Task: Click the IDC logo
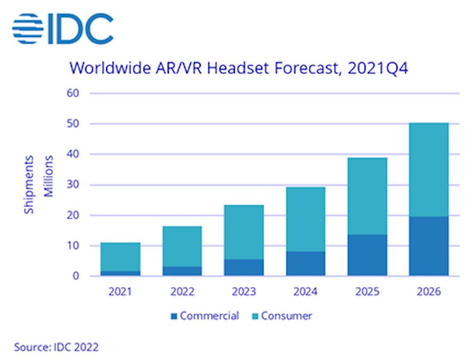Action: point(63,28)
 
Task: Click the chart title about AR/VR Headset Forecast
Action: point(238,68)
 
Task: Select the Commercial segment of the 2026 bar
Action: point(428,246)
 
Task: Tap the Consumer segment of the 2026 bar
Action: point(428,170)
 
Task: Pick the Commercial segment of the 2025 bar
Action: point(367,255)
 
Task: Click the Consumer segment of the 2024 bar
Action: point(306,219)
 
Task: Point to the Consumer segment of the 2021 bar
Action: point(120,257)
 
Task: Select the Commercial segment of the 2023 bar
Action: point(244,268)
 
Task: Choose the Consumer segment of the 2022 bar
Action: point(182,246)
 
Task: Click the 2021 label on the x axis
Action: point(120,292)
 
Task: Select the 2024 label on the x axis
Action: point(306,292)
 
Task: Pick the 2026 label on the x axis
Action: point(428,292)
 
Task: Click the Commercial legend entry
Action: point(205,316)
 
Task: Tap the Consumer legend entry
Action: point(283,316)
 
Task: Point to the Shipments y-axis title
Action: point(29,184)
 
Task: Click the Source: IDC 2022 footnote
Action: point(56,347)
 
